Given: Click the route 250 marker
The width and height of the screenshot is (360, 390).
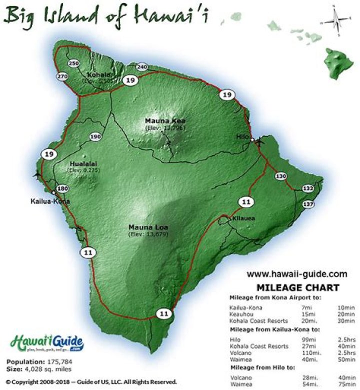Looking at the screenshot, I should (x=74, y=64).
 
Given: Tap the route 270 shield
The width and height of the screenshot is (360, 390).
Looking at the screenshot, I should (x=62, y=76).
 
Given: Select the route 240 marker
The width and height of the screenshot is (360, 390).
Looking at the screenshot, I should (x=142, y=67).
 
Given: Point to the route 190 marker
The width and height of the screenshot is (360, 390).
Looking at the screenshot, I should (x=96, y=137).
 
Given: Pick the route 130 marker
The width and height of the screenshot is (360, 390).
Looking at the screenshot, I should (x=281, y=176).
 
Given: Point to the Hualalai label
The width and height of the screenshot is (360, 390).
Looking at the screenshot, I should (x=80, y=163).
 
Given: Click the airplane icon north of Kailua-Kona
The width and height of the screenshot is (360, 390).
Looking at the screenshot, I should (x=36, y=175).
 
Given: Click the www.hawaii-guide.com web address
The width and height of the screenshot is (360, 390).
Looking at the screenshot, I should (x=296, y=274).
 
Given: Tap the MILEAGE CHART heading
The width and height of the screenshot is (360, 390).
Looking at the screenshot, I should (x=298, y=287).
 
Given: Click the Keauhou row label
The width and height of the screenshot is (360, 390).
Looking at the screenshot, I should (x=240, y=313).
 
